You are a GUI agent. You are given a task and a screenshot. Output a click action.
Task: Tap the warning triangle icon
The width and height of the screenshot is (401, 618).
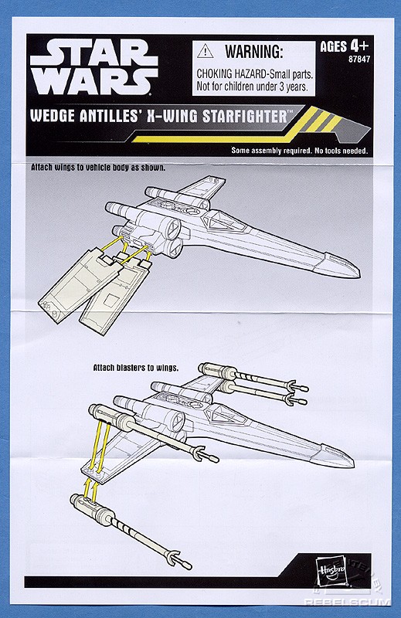tap(205, 51)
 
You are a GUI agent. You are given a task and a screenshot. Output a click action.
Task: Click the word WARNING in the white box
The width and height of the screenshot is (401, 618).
tap(254, 51)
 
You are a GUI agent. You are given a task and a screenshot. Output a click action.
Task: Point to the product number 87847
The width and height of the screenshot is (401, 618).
tap(359, 59)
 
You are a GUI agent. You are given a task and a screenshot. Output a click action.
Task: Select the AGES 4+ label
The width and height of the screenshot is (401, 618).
tap(345, 46)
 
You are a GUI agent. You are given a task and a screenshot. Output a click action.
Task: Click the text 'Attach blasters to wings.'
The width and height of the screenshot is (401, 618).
tap(136, 368)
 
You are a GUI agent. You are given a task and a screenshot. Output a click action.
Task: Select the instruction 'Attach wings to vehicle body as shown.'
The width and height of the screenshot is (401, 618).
tap(98, 168)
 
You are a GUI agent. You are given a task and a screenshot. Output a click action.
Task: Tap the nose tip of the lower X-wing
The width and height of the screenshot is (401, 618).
tap(353, 463)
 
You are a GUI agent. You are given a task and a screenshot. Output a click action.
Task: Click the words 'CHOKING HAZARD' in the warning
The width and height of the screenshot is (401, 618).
tap(229, 73)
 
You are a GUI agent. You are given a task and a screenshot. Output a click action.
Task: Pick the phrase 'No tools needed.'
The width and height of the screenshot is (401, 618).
tap(341, 151)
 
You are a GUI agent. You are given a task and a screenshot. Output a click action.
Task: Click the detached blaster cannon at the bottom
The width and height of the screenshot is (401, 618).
tap(130, 530)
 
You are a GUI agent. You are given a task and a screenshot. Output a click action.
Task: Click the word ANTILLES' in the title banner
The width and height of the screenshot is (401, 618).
tap(110, 117)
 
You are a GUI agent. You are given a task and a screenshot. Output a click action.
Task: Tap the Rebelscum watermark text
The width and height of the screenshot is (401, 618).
tap(347, 603)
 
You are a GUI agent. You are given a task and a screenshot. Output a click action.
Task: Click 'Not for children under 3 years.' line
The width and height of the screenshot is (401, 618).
tap(252, 87)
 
